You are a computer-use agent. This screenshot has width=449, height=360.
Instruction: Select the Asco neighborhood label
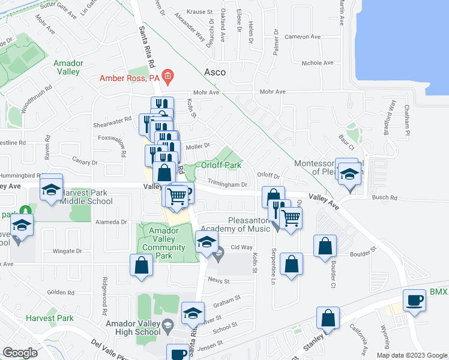click(215, 72)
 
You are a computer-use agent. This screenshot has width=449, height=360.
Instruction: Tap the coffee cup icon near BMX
click(414, 300)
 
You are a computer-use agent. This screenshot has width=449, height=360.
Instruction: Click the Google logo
click(19, 352)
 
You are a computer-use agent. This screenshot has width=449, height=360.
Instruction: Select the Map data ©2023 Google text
click(412, 355)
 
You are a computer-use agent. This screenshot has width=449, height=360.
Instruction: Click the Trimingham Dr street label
click(228, 185)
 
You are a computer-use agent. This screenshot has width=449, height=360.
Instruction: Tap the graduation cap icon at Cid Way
click(206, 244)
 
